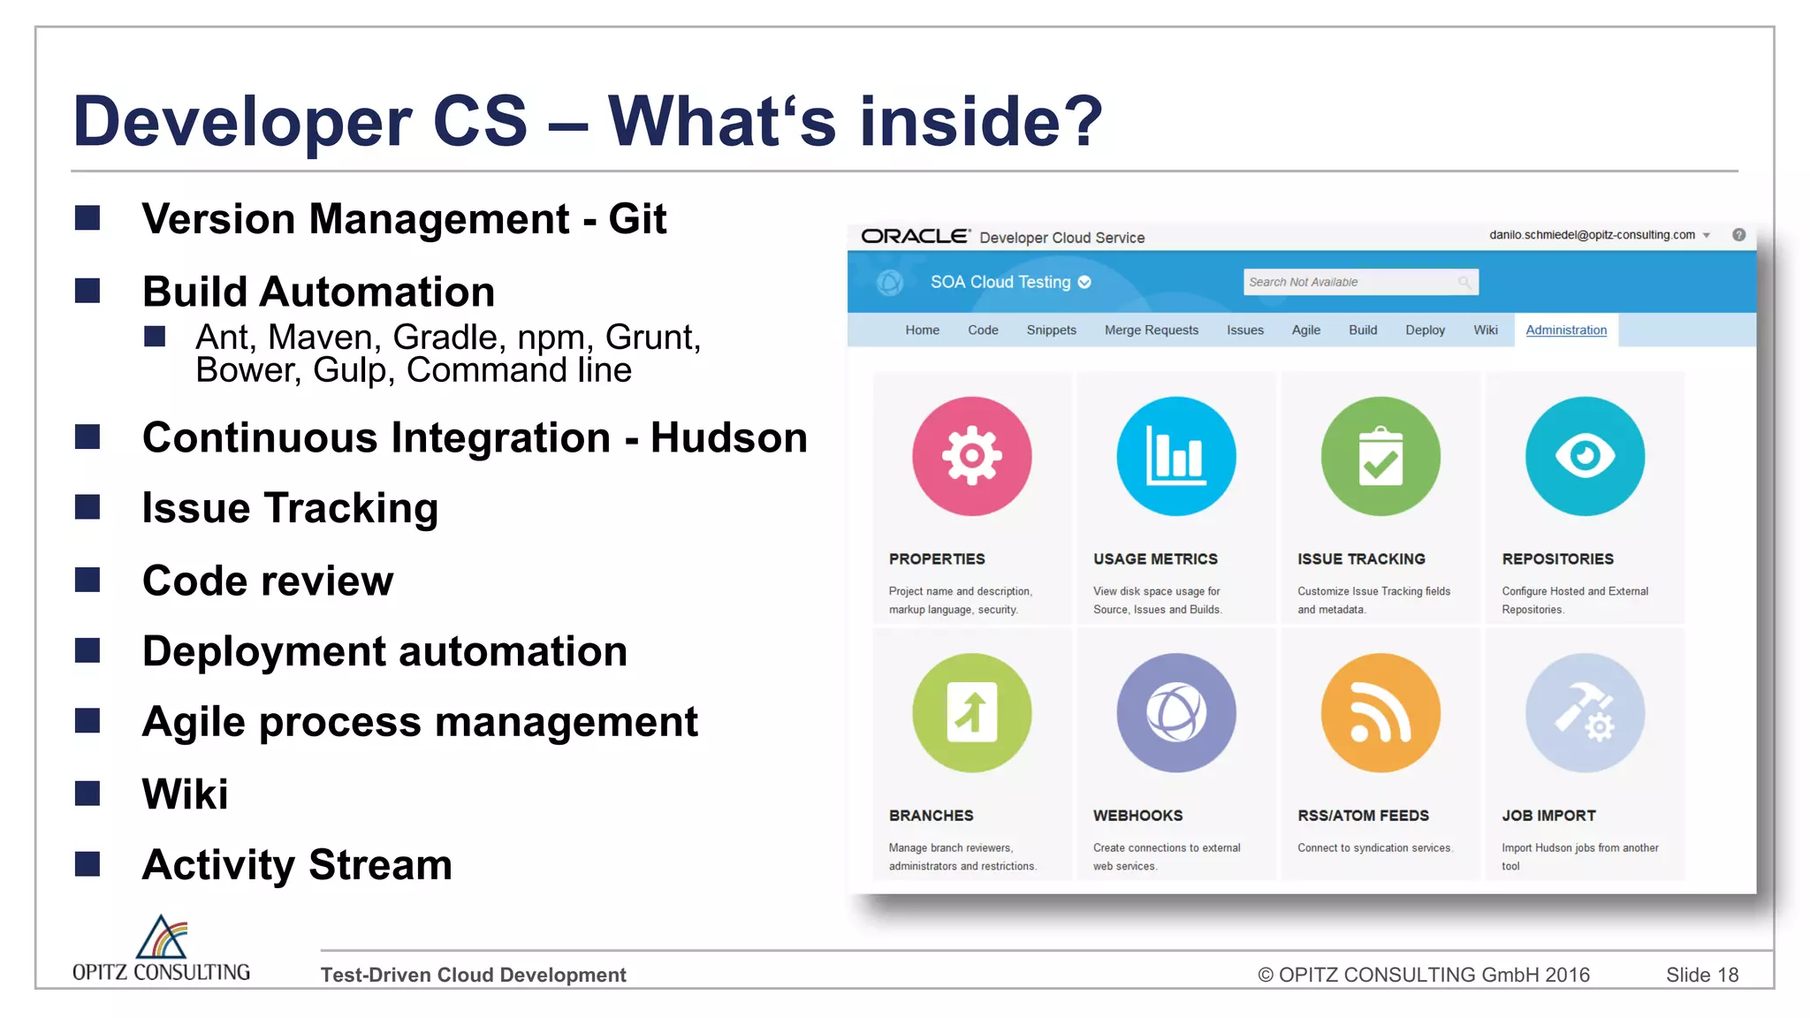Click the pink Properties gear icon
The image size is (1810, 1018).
pos(971,456)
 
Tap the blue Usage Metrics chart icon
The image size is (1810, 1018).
pos(1175,456)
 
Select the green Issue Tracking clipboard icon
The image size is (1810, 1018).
pos(1380,456)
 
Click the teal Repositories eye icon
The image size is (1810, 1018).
pos(1585,456)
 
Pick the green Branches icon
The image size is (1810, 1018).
pos(971,712)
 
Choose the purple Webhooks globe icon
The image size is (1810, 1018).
pos(1175,712)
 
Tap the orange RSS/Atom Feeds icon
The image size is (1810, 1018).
pos(1380,712)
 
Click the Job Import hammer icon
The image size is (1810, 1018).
pos(1585,712)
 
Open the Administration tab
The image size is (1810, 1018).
pos(1566,330)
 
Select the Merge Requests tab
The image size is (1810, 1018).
pos(1151,330)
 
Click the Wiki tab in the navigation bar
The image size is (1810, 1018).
pos(1485,330)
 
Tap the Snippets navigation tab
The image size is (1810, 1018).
pos(1051,330)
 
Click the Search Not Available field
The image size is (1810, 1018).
pos(1352,282)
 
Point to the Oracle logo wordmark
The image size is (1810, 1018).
pos(915,236)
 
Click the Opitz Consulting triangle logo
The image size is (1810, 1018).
pos(162,938)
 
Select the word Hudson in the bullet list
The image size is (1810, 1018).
pos(728,437)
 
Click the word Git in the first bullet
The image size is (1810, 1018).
pos(637,219)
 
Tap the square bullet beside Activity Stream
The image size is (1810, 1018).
pos(87,863)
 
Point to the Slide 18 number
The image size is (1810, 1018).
pos(1701,975)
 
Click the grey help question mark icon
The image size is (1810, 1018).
pos(1738,235)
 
